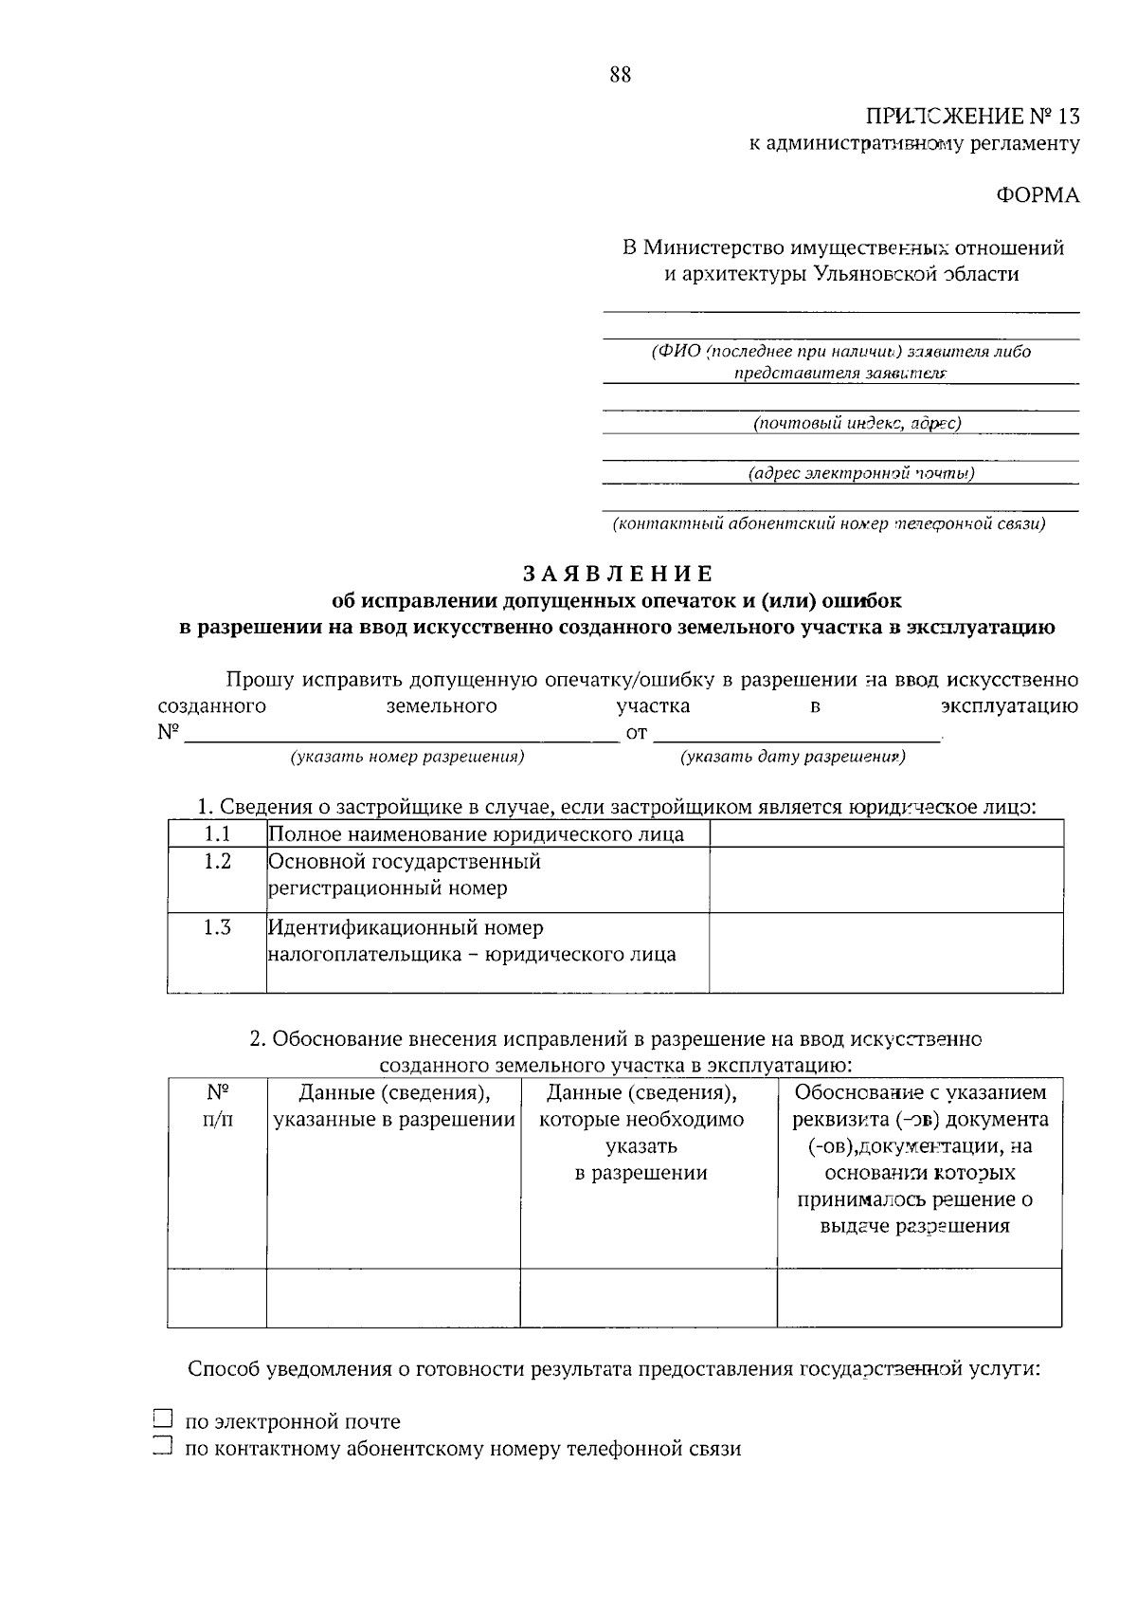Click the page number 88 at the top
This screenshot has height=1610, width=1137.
click(621, 76)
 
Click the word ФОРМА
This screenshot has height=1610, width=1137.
click(1037, 195)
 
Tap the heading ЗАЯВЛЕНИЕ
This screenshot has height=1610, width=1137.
click(618, 574)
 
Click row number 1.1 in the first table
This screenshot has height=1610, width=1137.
click(217, 833)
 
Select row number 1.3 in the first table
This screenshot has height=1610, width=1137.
click(217, 927)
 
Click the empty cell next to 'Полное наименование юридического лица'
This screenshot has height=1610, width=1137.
click(885, 833)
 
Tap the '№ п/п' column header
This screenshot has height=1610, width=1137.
click(217, 1106)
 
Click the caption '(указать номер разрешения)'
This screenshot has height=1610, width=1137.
click(407, 757)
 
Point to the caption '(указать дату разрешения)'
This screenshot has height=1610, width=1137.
click(793, 757)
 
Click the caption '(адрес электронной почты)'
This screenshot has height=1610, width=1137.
click(860, 472)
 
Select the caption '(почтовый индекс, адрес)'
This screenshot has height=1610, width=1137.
click(857, 423)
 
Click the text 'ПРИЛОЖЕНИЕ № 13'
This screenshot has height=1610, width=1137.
click(972, 117)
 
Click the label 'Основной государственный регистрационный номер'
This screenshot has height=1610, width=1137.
click(405, 875)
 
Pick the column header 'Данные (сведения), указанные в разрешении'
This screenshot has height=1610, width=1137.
click(394, 1107)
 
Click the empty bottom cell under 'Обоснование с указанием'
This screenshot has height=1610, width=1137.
click(918, 1296)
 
